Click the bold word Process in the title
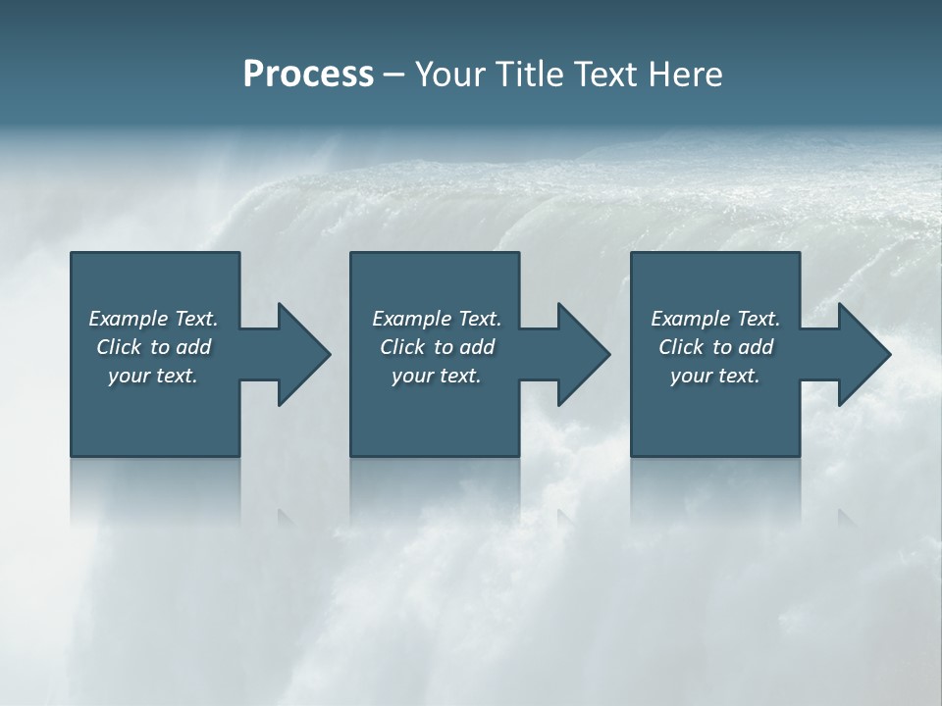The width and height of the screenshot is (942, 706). (x=308, y=75)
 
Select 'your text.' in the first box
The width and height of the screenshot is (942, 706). (x=153, y=376)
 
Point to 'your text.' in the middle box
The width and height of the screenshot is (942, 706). (x=437, y=376)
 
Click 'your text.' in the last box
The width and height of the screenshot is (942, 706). (x=715, y=376)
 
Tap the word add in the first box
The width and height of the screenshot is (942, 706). (x=194, y=347)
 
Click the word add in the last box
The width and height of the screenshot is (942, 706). (x=757, y=347)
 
